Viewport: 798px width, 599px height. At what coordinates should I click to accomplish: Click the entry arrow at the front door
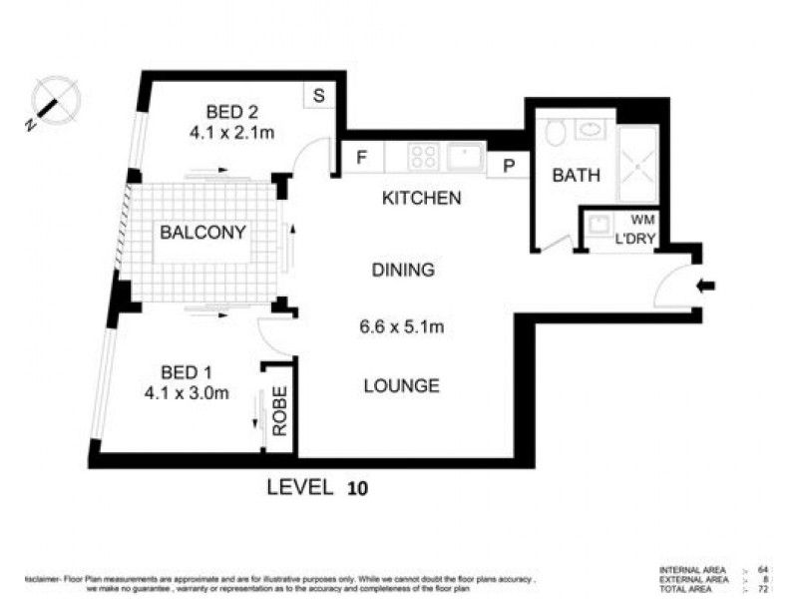click(705, 287)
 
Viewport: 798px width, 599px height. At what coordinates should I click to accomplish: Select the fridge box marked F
click(362, 158)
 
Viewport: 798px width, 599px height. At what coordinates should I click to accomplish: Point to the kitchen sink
click(465, 157)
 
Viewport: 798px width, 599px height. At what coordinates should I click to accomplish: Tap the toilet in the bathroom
click(556, 132)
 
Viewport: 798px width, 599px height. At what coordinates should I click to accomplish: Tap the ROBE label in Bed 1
click(279, 411)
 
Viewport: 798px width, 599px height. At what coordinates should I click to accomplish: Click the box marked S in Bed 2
click(318, 96)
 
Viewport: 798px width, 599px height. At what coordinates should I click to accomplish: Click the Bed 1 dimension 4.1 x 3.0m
click(187, 392)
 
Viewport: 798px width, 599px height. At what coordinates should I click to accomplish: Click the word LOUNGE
click(402, 385)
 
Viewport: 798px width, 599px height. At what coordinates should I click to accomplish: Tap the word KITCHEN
click(422, 198)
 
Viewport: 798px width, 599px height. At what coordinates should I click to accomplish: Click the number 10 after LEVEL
click(357, 489)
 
